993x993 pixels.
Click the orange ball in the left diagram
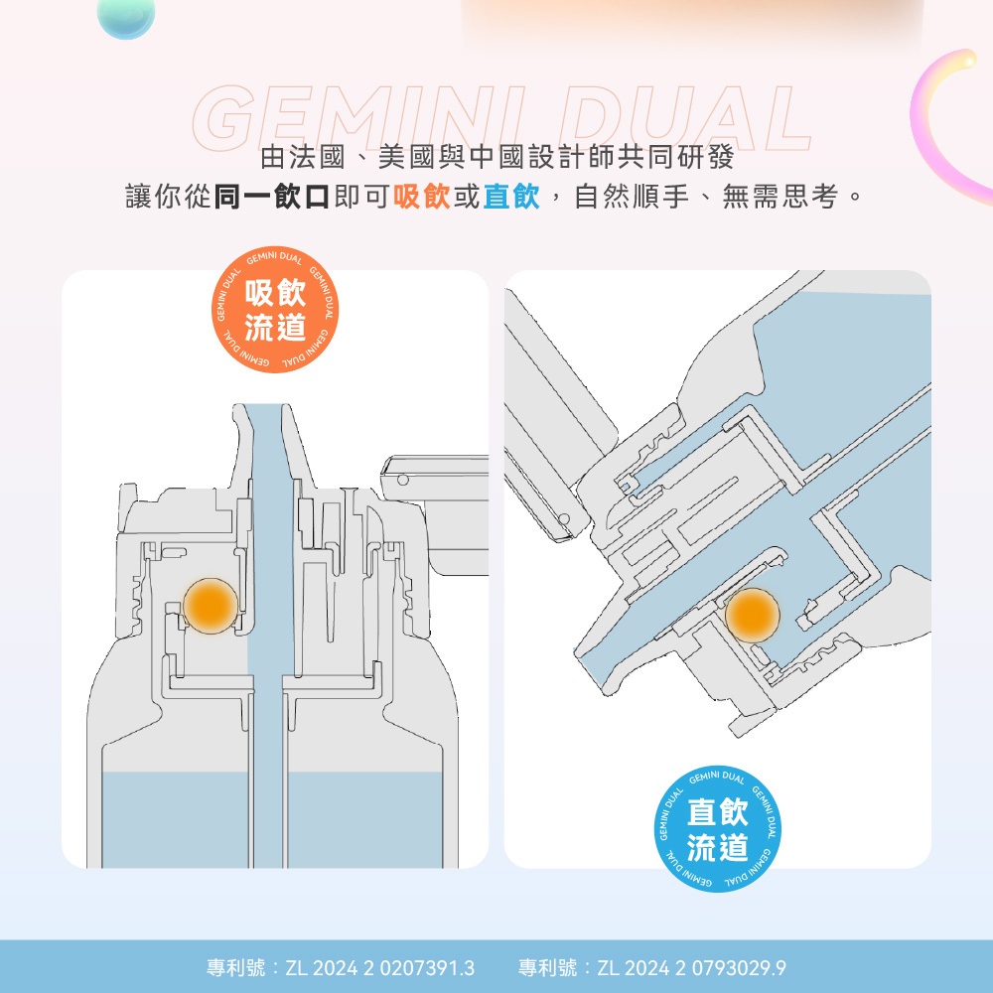click(211, 606)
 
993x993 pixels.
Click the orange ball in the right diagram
click(752, 615)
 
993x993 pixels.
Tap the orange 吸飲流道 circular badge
click(275, 310)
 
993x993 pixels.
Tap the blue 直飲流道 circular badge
click(718, 828)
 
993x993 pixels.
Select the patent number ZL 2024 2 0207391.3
click(379, 967)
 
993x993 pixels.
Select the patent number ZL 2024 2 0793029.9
click(691, 967)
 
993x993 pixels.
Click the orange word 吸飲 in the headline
click(422, 197)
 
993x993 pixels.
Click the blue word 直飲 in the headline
click(511, 197)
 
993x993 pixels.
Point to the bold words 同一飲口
click(272, 197)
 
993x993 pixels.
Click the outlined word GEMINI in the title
click(359, 119)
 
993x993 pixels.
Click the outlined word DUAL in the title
click(684, 119)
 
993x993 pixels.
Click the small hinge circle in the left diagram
click(403, 480)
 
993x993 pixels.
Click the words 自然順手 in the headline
click(632, 197)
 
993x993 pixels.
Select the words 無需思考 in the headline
click(780, 197)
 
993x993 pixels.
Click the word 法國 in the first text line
click(317, 157)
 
